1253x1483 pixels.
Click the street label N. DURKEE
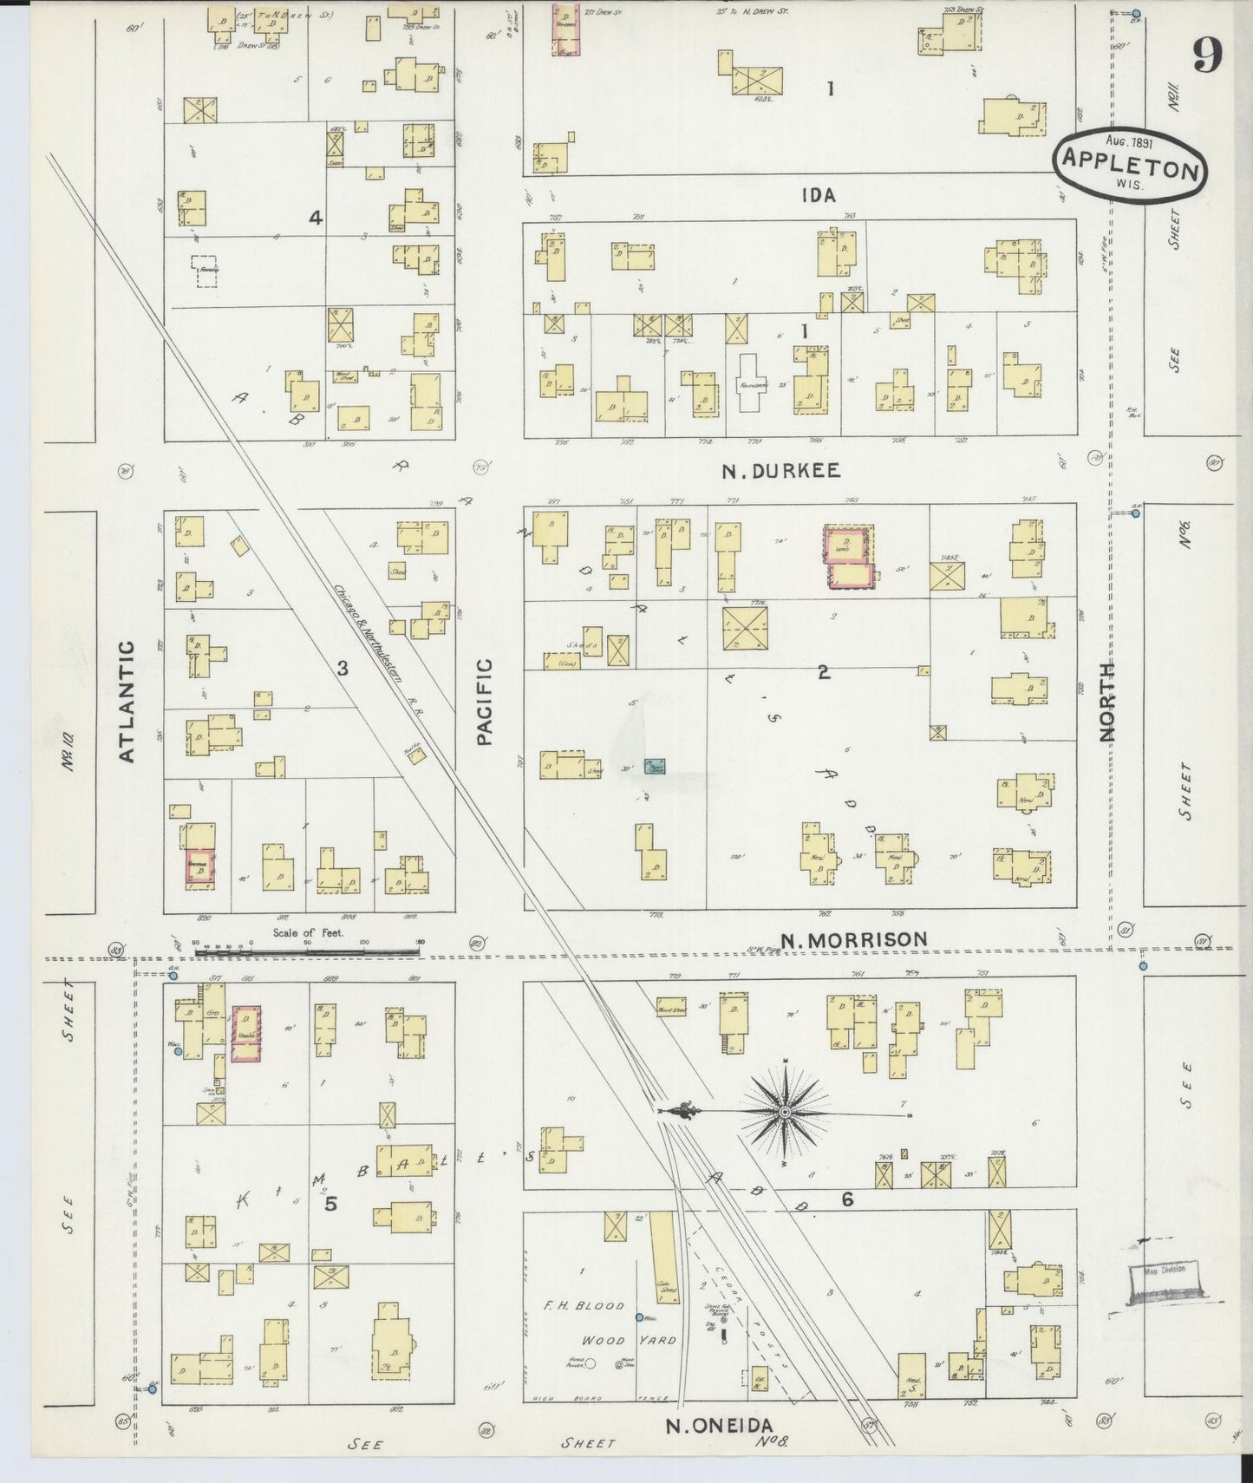point(780,471)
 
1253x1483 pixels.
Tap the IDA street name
point(819,195)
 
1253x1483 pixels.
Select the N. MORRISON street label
point(853,939)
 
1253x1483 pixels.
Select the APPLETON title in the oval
point(1130,168)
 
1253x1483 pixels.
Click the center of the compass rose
point(785,1112)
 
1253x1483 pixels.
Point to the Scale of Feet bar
point(308,952)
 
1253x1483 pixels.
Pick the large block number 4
point(316,218)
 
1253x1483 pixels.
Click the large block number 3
point(343,668)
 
